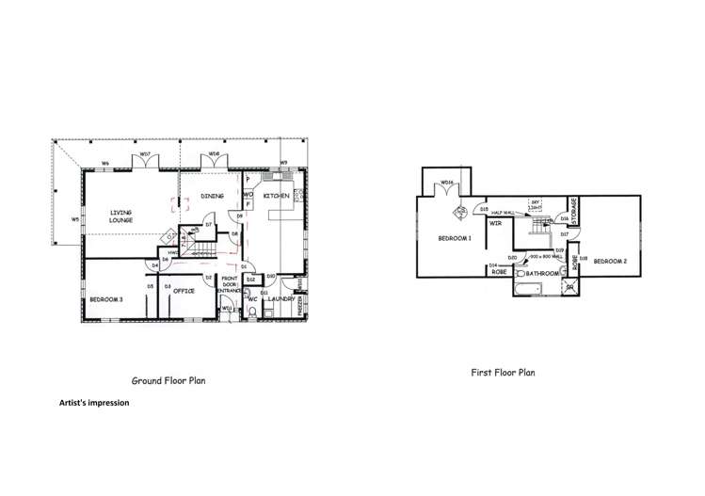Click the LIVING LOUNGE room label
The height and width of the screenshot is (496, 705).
click(x=120, y=216)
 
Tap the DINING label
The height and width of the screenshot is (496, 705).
click(x=212, y=196)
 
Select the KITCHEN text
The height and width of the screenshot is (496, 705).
click(x=277, y=196)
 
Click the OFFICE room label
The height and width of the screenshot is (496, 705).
click(x=184, y=291)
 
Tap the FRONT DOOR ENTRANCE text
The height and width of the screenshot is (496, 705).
click(x=230, y=285)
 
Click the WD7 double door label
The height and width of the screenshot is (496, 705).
click(x=145, y=154)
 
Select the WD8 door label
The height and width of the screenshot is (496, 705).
click(x=215, y=154)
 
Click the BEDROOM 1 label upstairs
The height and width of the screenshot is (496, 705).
click(x=455, y=238)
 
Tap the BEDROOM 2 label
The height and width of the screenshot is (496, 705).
click(x=609, y=261)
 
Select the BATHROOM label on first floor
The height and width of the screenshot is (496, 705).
click(x=543, y=274)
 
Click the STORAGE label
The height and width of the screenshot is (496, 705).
click(x=572, y=209)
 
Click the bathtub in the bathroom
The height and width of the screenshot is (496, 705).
click(x=531, y=289)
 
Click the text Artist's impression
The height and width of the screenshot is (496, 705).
click(x=93, y=402)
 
